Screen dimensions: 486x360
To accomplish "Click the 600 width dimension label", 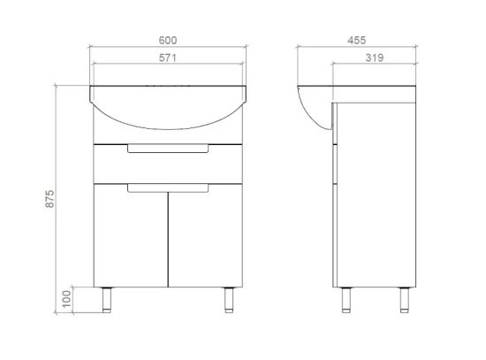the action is click(168, 41).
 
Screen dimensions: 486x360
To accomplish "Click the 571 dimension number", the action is click(168, 58).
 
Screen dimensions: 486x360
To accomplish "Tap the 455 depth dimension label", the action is click(357, 41).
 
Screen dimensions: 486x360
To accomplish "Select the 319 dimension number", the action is click(375, 57).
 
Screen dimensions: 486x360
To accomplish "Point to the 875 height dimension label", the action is click(49, 199).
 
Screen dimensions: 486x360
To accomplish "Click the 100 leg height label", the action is click(66, 299).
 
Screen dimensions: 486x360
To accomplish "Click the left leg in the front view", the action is click(107, 300).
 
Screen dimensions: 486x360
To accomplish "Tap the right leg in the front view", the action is click(229, 300).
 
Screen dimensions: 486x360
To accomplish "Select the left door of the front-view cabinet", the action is click(131, 235).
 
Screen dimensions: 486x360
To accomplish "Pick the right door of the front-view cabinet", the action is click(206, 235).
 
